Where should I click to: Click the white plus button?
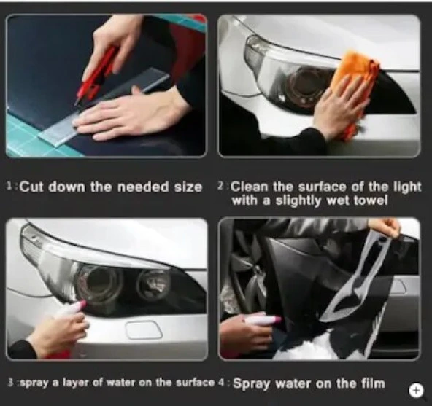click(416, 390)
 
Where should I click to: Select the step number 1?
click(9, 186)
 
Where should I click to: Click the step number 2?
click(220, 186)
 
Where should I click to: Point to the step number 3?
click(11, 383)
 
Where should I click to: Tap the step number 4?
click(221, 383)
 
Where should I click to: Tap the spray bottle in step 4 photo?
click(263, 320)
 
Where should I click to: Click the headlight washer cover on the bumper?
click(143, 329)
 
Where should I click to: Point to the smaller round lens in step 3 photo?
click(153, 284)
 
